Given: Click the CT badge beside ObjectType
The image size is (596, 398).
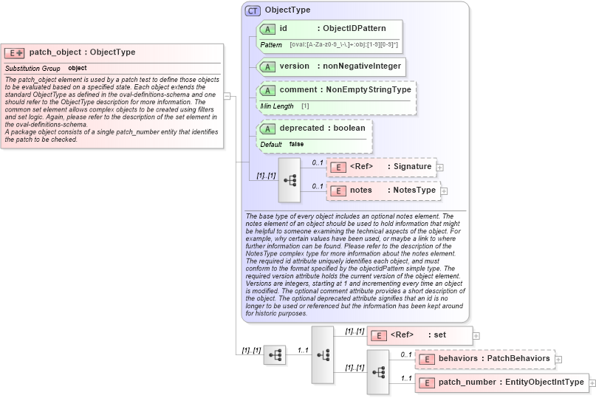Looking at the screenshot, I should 253,10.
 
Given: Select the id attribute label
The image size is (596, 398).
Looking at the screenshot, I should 283,29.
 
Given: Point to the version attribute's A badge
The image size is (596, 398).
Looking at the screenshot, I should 267,66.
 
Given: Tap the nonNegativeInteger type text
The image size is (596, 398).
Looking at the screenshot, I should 361,66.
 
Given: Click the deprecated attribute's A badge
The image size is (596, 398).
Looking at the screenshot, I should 267,128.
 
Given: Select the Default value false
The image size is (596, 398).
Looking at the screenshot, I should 296,144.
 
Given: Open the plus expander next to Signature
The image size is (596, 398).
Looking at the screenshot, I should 440,168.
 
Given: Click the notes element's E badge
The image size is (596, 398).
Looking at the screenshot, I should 337,191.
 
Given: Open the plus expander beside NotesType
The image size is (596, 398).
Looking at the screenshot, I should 445,191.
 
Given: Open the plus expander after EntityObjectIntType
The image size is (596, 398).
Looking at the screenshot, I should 592,383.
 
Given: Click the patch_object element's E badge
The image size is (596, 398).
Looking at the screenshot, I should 15,52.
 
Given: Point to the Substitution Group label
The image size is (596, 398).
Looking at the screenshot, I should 32,68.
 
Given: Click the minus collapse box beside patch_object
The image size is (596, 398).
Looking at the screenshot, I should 227,95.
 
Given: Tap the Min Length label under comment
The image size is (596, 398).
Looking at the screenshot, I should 276,106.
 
